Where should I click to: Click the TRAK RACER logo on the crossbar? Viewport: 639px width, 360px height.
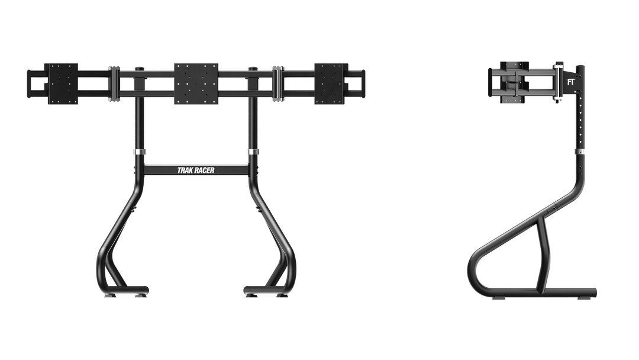point(196,171)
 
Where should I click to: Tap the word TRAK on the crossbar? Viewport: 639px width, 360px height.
point(185,171)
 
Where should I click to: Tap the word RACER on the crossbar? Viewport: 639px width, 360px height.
point(204,171)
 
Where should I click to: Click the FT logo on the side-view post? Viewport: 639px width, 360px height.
point(570,82)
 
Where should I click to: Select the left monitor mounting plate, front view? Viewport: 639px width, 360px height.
point(61,83)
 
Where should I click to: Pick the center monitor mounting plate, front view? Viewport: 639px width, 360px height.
point(196,83)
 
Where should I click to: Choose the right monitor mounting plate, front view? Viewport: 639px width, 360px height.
point(331,83)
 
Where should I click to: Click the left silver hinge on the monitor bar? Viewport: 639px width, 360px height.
point(114,83)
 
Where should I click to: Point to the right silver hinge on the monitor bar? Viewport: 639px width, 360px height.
point(278,83)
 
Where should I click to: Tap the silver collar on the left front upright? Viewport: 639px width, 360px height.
point(139,152)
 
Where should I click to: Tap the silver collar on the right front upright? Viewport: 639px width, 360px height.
point(253,152)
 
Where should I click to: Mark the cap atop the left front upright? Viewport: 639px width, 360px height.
point(139,69)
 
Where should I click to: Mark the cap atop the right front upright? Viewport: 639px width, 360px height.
point(253,69)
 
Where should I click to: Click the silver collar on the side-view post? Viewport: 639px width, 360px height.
point(579,152)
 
